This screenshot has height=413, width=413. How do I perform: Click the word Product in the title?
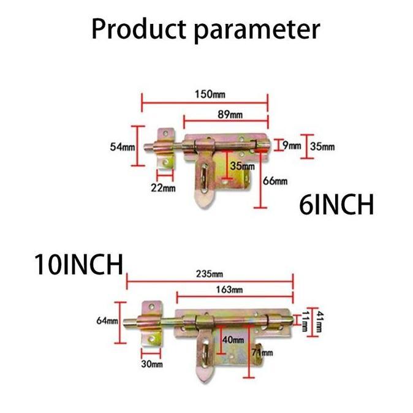(x=139, y=29)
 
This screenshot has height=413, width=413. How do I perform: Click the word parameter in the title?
(x=257, y=31)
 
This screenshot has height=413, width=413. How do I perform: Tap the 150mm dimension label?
(x=210, y=94)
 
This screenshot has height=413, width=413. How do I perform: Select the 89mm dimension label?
(x=230, y=115)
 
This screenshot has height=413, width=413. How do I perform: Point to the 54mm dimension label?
(x=122, y=146)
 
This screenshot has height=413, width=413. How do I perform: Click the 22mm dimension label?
(x=163, y=188)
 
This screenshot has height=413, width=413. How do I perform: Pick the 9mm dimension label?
(x=292, y=145)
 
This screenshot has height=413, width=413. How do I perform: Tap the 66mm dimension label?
(x=275, y=181)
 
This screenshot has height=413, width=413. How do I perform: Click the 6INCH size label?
(x=336, y=205)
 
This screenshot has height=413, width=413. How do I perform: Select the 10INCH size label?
(x=79, y=264)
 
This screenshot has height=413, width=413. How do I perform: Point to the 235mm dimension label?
(x=210, y=274)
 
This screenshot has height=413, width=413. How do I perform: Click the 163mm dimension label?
(x=229, y=290)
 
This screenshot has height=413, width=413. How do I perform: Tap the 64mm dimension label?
(x=107, y=320)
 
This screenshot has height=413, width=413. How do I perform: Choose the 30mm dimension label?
(x=152, y=364)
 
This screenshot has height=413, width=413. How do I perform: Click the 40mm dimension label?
(x=233, y=339)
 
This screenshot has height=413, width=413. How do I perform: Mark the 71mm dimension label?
(x=262, y=352)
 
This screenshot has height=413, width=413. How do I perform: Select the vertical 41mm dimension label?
(x=319, y=322)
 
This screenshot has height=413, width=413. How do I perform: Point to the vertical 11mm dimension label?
(x=305, y=321)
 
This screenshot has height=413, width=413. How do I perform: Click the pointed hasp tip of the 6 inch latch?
(x=202, y=208)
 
